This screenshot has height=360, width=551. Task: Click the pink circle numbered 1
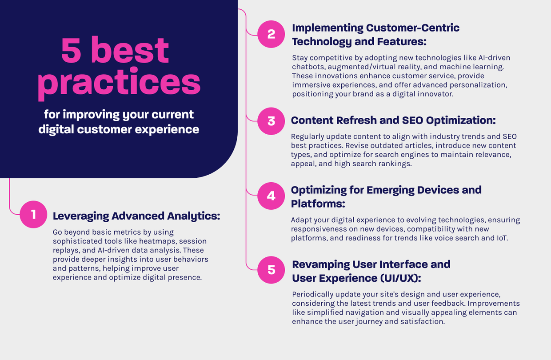(x=33, y=215)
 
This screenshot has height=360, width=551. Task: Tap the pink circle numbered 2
(x=271, y=34)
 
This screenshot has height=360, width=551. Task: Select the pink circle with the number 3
(x=271, y=121)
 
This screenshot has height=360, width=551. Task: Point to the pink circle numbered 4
(x=271, y=196)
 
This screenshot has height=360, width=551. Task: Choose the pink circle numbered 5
(x=271, y=270)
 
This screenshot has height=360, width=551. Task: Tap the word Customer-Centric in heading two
(x=412, y=28)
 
